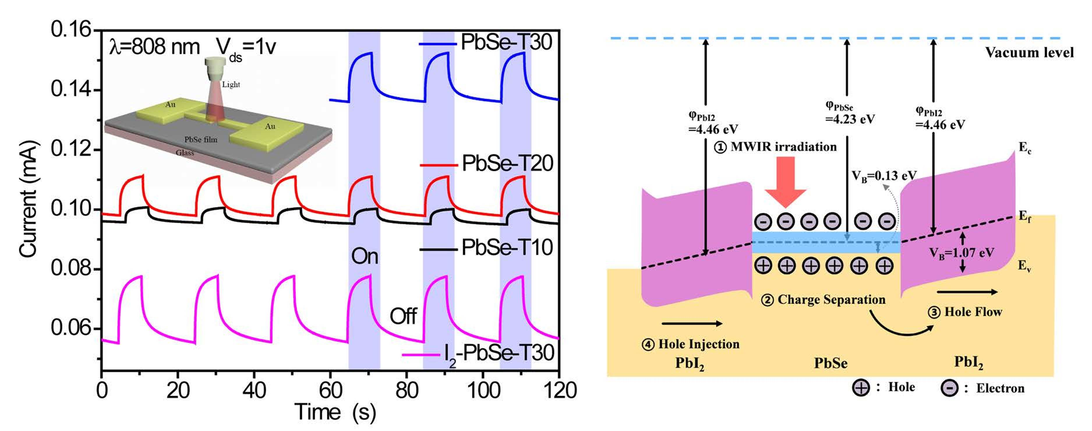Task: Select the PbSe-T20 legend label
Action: click(x=508, y=164)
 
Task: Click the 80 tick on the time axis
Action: click(x=407, y=390)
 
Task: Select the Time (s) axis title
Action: click(x=335, y=412)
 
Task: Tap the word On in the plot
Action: click(x=365, y=256)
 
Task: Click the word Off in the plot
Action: click(x=403, y=316)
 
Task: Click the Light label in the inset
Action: click(x=231, y=84)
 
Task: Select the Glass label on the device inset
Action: click(x=185, y=153)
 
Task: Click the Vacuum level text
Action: click(x=1029, y=52)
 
